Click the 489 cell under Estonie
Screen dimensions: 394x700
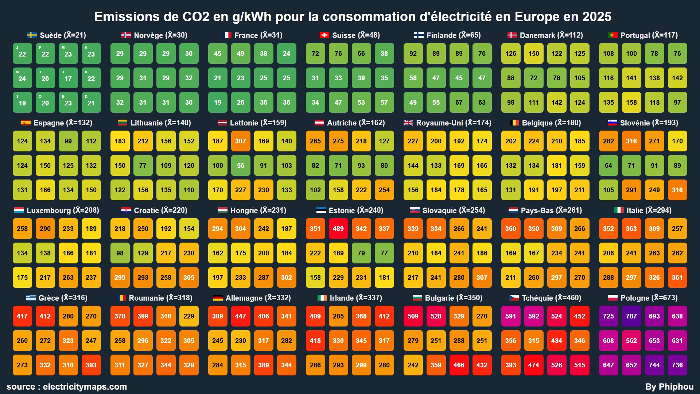click(x=338, y=229)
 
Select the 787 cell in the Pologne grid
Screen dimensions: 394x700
click(x=631, y=316)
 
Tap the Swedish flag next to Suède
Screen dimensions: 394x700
click(x=32, y=35)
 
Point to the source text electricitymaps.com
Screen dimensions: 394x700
click(x=85, y=387)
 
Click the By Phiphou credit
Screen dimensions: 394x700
click(x=669, y=387)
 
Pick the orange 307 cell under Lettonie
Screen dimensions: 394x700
click(x=240, y=141)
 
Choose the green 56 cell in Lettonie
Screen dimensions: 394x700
click(x=240, y=166)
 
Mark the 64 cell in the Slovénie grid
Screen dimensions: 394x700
click(x=608, y=166)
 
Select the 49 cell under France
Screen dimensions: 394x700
click(x=240, y=54)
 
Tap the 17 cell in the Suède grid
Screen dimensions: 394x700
click(x=68, y=78)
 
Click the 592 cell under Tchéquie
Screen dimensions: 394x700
click(x=533, y=316)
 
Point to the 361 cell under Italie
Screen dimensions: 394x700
click(x=677, y=278)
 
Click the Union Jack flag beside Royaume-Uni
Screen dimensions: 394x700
click(x=408, y=123)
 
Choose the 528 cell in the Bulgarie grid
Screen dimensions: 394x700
click(x=436, y=316)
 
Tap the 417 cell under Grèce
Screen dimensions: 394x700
click(x=22, y=316)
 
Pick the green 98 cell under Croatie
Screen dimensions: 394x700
click(x=120, y=253)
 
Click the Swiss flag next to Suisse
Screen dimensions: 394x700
click(x=324, y=35)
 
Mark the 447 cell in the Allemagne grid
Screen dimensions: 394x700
click(x=240, y=316)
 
